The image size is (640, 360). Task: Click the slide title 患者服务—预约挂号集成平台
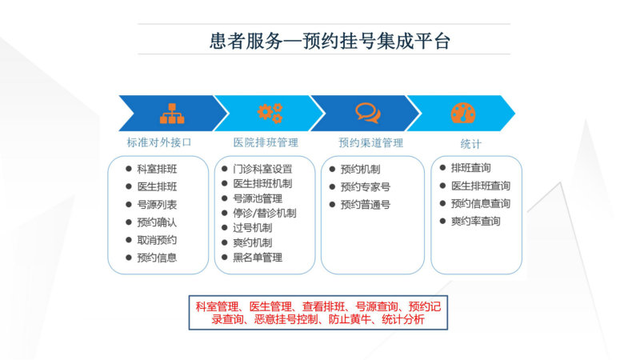[330, 42]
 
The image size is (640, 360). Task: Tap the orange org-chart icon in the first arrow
[172, 114]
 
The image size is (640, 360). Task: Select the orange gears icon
[270, 113]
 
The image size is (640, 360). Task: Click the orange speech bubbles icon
[368, 113]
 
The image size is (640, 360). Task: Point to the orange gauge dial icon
[463, 113]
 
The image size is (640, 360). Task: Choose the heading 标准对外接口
[158, 142]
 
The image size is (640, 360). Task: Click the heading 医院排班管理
[266, 142]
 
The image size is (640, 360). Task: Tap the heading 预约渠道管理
[371, 142]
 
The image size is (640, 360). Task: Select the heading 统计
[470, 144]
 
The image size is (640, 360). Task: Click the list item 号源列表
[157, 205]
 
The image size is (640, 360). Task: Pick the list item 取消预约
[157, 240]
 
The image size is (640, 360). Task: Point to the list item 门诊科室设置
[263, 169]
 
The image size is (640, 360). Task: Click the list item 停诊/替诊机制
[265, 213]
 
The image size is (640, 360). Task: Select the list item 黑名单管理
[258, 258]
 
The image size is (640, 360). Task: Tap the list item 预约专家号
[366, 187]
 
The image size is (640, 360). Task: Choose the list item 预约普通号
[366, 205]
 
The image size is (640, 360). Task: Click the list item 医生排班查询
[481, 186]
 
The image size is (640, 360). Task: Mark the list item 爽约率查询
[475, 222]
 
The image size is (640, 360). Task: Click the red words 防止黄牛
[350, 319]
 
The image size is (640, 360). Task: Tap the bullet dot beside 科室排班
[129, 169]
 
